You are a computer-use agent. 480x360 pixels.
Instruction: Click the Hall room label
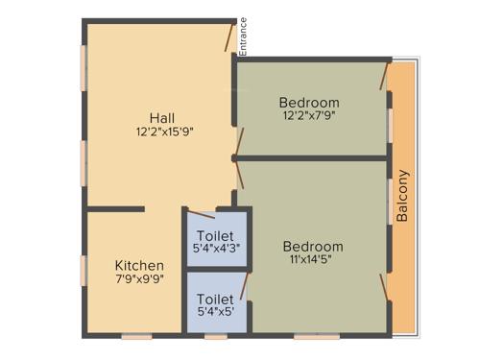tap(161, 118)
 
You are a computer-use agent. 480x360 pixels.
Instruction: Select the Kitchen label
tap(139, 266)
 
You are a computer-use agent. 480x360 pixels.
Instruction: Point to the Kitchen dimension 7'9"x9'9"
tap(139, 280)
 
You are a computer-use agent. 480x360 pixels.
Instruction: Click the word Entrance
tap(243, 36)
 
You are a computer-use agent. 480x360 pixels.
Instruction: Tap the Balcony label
tap(403, 197)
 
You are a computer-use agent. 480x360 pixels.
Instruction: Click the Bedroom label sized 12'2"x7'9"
tap(309, 103)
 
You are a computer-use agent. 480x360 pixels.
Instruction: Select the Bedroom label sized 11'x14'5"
tap(315, 247)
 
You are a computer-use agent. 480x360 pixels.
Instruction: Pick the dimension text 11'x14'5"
tap(315, 260)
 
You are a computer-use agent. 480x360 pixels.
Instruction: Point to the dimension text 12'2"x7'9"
tap(309, 116)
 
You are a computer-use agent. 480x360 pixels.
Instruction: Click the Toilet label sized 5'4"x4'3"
tap(216, 235)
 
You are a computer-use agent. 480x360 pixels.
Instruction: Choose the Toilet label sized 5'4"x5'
tap(215, 300)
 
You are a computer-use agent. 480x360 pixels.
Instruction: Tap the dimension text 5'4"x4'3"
tap(217, 248)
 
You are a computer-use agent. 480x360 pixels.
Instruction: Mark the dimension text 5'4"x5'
tap(215, 312)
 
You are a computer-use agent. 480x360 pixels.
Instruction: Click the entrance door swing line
tap(229, 38)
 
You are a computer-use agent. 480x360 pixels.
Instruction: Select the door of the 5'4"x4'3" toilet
tap(202, 215)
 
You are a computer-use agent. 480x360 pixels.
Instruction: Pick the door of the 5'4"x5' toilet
tap(244, 285)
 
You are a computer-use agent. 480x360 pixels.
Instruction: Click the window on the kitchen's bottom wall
tap(136, 336)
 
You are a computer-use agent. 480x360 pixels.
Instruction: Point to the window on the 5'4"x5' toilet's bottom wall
tap(216, 336)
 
